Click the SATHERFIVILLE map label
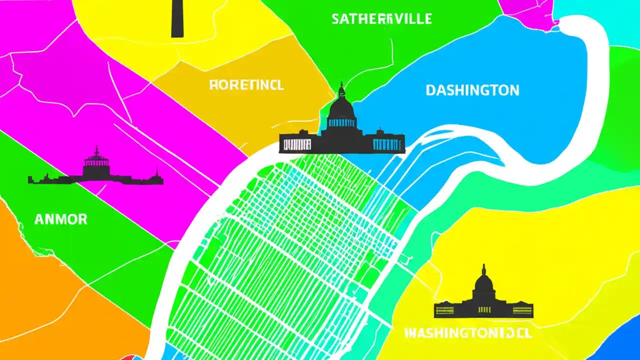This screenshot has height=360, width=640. click(381, 19)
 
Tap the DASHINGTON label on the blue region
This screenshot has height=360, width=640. click(472, 90)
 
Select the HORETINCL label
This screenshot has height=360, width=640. click(246, 85)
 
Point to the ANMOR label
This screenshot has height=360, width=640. click(60, 219)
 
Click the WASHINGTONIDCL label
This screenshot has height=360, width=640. click(467, 333)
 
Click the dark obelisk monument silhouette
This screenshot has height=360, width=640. click(177, 18)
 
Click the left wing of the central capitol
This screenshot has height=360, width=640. click(299, 143)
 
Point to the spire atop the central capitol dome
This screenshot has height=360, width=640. click(342, 87)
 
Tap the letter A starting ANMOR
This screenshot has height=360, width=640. click(39, 219)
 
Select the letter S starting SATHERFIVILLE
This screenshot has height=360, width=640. click(336, 19)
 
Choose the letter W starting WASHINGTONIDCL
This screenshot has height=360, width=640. click(409, 333)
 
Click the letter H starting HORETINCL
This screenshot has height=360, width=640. click(213, 85)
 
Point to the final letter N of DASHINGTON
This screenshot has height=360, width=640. click(514, 90)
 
